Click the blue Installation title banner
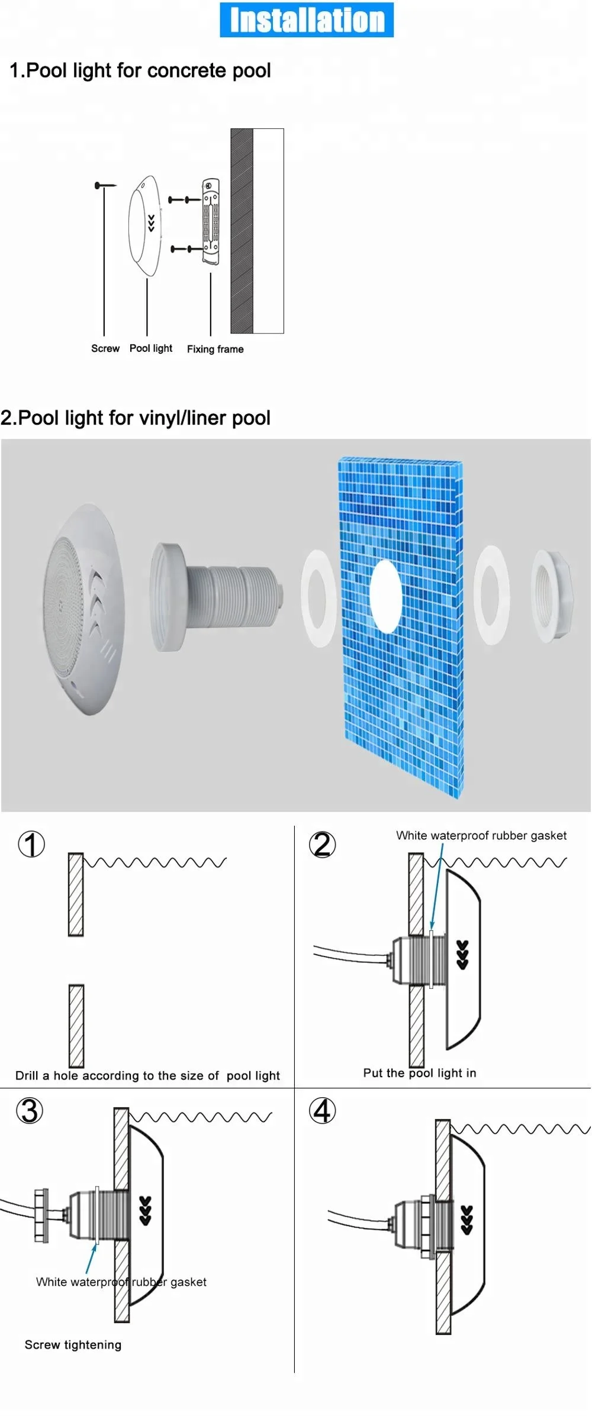point(306,20)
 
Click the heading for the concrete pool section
point(140,71)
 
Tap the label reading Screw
point(105,348)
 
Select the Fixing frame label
point(215,349)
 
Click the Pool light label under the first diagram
point(150,348)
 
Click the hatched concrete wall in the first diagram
point(242,231)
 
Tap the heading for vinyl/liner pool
point(136,418)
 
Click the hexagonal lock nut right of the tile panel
point(553,596)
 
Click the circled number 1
point(31,844)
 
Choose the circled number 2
point(322,844)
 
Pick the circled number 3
point(30,1110)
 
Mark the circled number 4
point(322,1110)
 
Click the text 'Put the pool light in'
point(419,1073)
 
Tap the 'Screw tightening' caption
point(73,1344)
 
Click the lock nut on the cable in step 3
point(41,1214)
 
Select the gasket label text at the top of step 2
point(481,835)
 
